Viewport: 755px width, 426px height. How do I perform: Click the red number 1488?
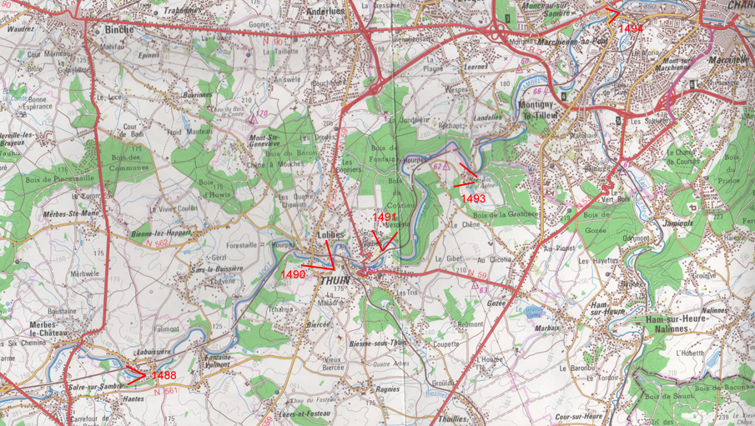click(x=164, y=377)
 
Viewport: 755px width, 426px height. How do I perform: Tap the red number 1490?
click(x=293, y=274)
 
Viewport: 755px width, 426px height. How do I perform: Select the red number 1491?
click(x=385, y=217)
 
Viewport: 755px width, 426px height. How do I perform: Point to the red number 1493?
click(x=473, y=198)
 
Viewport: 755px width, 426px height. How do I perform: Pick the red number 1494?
click(x=632, y=28)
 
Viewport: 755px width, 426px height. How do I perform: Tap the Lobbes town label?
click(x=330, y=235)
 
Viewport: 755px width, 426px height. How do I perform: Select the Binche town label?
click(x=120, y=29)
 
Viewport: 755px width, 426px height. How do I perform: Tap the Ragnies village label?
click(x=387, y=388)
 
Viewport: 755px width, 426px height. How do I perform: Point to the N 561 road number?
click(x=165, y=390)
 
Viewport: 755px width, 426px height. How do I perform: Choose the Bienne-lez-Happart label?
click(x=161, y=233)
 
